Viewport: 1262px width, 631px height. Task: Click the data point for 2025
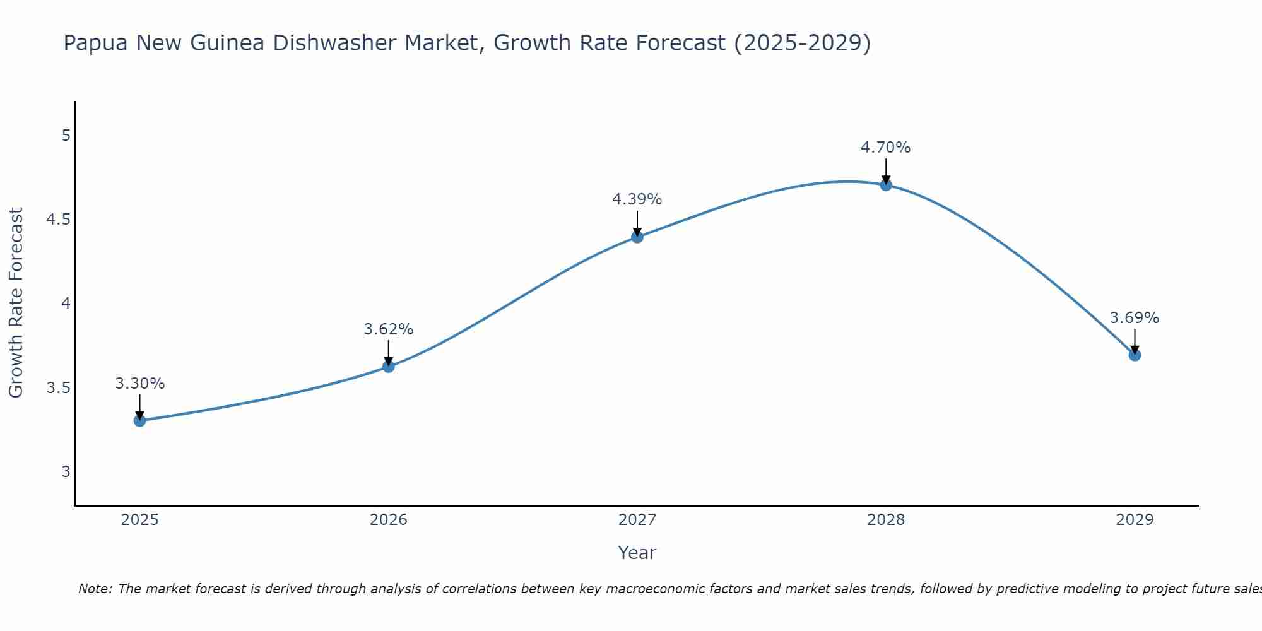pos(139,420)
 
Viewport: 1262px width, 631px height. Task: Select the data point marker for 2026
pos(388,366)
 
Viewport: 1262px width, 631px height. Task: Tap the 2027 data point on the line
pos(637,237)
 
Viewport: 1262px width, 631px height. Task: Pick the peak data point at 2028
pos(885,185)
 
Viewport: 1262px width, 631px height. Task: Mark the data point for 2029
pos(1134,355)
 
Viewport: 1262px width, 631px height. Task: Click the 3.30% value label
pos(139,384)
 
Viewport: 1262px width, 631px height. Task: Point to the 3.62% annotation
pos(388,329)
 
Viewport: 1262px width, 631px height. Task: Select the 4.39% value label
pos(637,199)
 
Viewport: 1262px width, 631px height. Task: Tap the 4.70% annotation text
pos(885,148)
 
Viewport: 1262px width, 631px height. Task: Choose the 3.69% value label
pos(1134,318)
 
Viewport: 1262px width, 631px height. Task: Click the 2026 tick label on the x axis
pos(388,520)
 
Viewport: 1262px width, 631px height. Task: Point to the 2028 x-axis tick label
pos(885,520)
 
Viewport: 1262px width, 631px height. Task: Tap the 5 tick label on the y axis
pos(66,136)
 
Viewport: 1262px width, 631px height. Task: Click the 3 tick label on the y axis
pos(66,471)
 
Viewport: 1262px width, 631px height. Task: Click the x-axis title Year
pos(637,553)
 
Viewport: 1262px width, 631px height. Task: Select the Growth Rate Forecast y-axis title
pos(16,303)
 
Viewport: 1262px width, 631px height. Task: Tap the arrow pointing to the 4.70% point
pos(885,170)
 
